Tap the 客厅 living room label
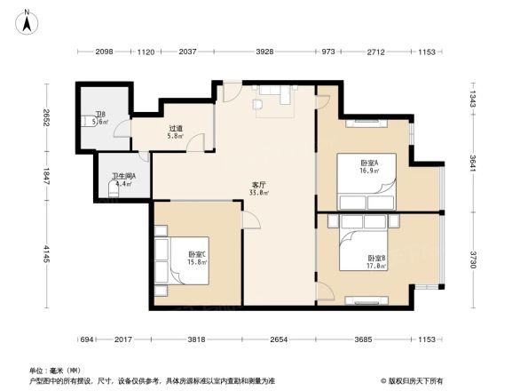coord(259,185)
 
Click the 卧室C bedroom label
coord(197,254)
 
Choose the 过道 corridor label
coord(177,128)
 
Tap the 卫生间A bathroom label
coord(123,177)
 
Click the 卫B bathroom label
coord(101,115)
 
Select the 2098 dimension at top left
coord(104,52)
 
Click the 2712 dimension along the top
coord(375,52)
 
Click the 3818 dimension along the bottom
coord(196,339)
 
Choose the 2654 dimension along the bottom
coord(279,339)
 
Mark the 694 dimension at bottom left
coord(87,339)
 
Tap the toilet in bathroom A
coord(113,188)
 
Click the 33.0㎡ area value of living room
coord(259,193)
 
